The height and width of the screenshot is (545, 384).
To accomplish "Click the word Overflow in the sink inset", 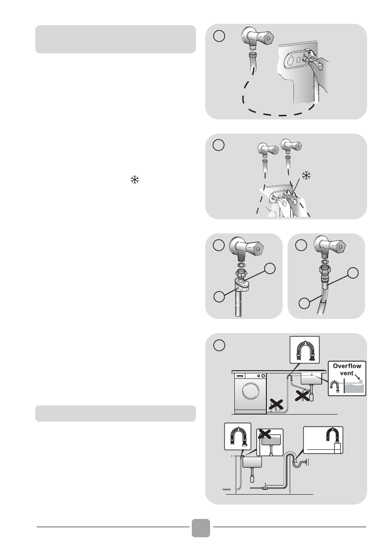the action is (x=347, y=366).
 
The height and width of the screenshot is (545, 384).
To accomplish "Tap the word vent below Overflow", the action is (x=346, y=373).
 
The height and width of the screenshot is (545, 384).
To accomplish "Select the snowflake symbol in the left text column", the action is (x=135, y=180).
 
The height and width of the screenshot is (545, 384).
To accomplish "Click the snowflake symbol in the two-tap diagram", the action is (x=306, y=175).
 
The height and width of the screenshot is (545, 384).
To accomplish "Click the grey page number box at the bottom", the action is (x=201, y=528).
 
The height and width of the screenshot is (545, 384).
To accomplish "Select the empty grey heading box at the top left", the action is (x=115, y=39).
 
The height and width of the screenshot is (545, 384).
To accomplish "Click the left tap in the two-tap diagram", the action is (x=268, y=149).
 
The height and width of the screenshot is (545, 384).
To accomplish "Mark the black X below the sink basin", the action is (x=302, y=395).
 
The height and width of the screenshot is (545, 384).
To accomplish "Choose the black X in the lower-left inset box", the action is (x=265, y=433).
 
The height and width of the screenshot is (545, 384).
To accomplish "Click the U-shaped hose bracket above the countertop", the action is (x=304, y=350).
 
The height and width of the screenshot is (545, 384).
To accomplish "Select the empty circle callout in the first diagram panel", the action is (x=219, y=36).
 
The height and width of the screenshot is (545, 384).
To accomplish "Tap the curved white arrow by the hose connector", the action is (x=313, y=52).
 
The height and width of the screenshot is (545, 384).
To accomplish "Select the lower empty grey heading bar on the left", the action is (x=115, y=413).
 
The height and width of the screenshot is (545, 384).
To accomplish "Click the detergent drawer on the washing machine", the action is (x=240, y=376).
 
